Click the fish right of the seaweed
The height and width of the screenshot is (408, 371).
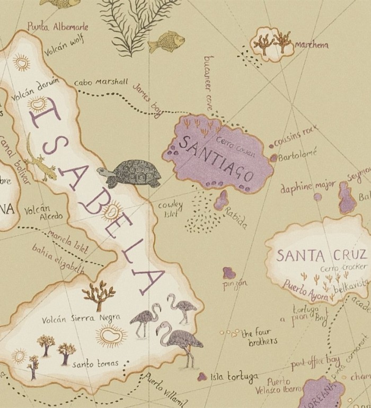pos(166,40)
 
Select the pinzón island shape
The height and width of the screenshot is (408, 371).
pos(229,273)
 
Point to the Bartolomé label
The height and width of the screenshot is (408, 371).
pos(298,155)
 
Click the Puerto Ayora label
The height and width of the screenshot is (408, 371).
pos(305,289)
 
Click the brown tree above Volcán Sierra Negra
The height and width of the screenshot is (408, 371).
pos(99,295)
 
